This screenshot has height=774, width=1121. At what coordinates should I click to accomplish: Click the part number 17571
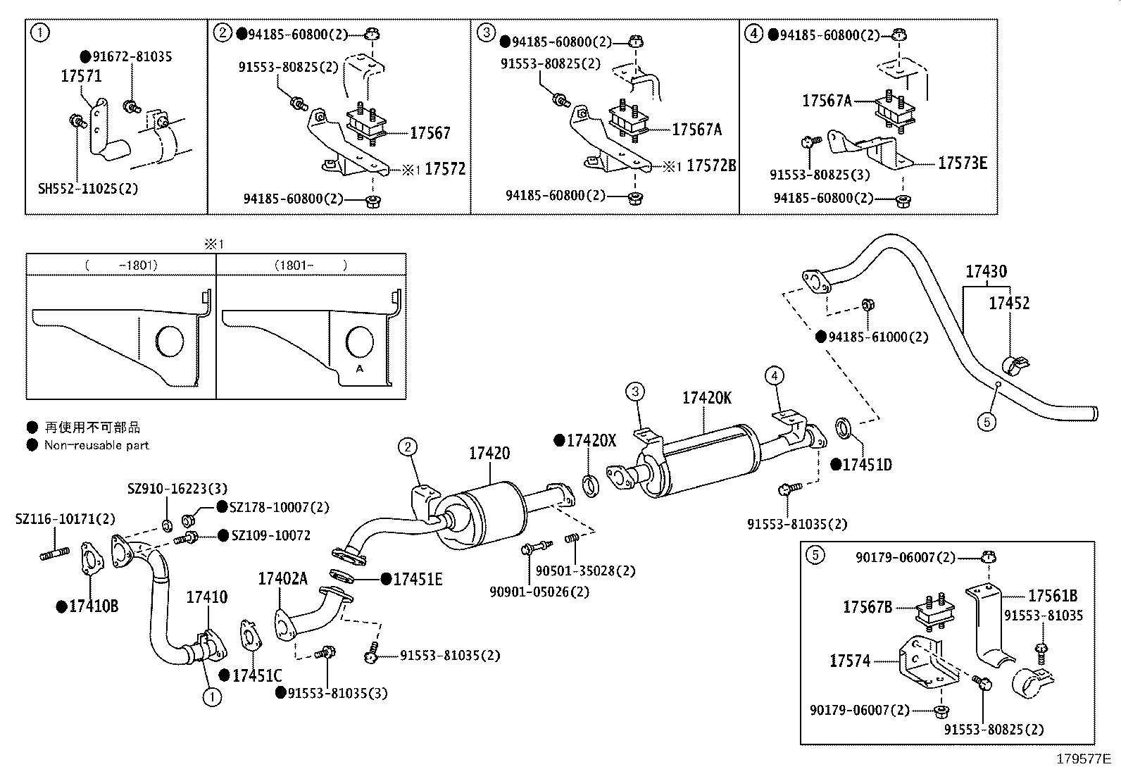81,76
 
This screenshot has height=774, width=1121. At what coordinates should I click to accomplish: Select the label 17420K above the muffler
706,398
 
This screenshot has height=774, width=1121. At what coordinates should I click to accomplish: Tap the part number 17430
986,271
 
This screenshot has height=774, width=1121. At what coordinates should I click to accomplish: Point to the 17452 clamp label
1008,303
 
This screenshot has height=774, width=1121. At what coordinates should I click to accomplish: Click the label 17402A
282,579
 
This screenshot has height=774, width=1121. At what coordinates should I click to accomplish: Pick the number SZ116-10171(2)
65,519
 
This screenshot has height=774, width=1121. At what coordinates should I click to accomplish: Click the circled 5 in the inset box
814,555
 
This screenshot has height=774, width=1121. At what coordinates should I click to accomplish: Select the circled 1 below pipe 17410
211,697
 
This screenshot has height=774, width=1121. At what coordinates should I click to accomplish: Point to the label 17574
850,661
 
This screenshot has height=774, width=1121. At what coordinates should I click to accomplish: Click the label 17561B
1053,596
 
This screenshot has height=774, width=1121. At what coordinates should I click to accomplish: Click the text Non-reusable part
96,445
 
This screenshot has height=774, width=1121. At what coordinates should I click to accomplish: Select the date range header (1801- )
311,266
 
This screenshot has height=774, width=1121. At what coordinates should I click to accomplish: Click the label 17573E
963,163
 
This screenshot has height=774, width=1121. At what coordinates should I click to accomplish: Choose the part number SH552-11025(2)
87,189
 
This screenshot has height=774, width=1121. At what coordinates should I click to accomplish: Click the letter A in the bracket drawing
360,368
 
